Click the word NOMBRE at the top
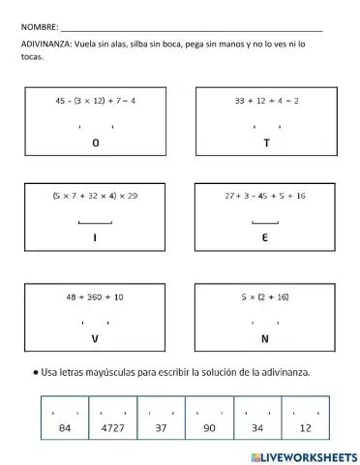pos(38,28)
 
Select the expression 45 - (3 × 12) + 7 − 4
pos(95,100)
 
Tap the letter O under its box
pos(95,142)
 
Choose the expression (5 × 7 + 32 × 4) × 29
pos(95,196)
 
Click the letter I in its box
pos(95,237)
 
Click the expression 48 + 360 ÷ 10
pos(95,295)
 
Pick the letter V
pos(95,339)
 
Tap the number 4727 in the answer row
pos(113,427)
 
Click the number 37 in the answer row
pos(161,427)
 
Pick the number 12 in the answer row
pos(306,427)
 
